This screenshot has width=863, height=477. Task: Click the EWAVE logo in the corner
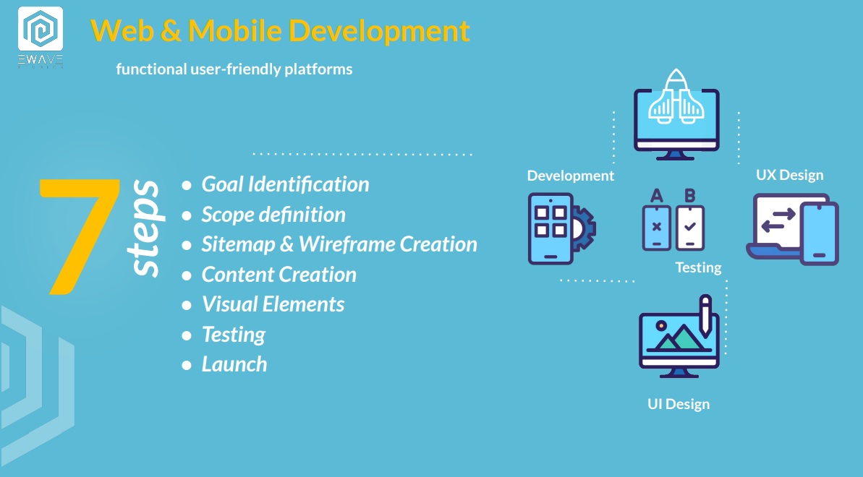[x=41, y=38]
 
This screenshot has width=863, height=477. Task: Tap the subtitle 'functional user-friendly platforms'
[x=234, y=69]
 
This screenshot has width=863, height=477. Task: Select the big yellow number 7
[x=80, y=236]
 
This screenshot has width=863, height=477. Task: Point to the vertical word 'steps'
[x=145, y=228]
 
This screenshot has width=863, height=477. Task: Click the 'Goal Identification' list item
[x=285, y=184]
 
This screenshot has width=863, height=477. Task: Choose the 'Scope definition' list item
[x=273, y=215]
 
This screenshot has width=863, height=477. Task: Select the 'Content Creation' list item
[x=279, y=274]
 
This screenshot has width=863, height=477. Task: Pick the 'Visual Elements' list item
[x=273, y=304]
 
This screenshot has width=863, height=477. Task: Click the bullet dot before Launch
[x=187, y=365]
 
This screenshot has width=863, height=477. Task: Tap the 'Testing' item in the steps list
[x=234, y=335]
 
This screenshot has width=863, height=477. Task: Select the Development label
[x=570, y=176]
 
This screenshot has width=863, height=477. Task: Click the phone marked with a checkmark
[x=690, y=228]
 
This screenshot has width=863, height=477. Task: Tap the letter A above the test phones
[x=657, y=196]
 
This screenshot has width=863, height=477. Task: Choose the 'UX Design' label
[x=790, y=175]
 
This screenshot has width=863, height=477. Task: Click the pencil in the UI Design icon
[x=705, y=315]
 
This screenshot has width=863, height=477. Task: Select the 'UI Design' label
[x=679, y=404]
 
